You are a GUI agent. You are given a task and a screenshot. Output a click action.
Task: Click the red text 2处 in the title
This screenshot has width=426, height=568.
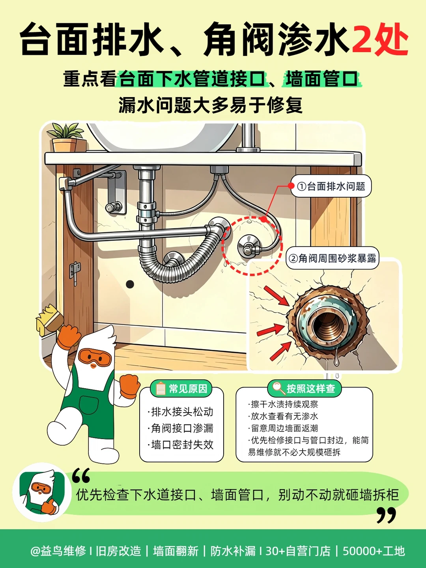[x=380, y=39]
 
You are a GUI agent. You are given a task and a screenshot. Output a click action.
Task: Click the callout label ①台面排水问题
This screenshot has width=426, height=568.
[x=331, y=186]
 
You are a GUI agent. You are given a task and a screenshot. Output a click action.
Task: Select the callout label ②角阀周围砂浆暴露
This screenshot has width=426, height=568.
[x=332, y=258]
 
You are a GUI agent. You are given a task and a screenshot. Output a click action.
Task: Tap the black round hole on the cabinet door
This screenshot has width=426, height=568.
[x=130, y=284]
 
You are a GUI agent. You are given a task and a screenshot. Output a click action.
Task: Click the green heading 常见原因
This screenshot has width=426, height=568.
[x=181, y=389]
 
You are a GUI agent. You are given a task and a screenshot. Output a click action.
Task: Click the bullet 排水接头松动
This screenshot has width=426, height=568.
[x=181, y=412]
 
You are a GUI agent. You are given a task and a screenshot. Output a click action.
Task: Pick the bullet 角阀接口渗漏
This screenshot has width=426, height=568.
[x=181, y=428]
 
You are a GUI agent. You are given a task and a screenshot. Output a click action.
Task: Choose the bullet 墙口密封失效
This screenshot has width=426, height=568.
[x=181, y=445]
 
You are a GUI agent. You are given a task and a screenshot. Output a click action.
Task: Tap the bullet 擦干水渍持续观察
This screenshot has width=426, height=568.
[x=283, y=404]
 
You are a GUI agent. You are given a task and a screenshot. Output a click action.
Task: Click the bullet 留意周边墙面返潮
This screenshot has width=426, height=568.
[x=283, y=428]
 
